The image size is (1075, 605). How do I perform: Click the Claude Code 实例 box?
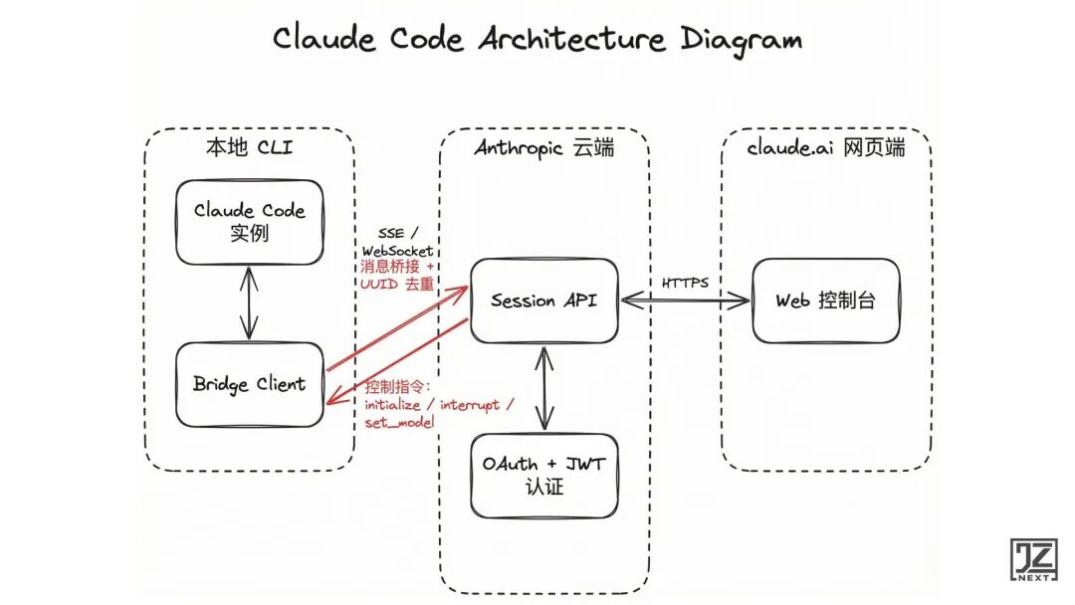point(249,222)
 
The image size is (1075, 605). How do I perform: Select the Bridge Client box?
point(249,384)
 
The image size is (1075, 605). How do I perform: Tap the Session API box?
point(543,300)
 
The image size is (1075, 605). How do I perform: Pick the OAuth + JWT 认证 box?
point(543,475)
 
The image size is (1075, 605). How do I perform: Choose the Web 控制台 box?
point(825,300)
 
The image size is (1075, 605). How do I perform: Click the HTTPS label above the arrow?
point(685,283)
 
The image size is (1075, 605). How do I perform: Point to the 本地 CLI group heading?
point(249,149)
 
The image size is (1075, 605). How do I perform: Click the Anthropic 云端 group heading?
point(543,149)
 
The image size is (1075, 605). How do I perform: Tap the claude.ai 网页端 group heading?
point(825,149)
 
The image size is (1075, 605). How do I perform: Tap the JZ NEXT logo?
point(1033,561)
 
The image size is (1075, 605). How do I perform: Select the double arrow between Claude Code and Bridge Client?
point(249,302)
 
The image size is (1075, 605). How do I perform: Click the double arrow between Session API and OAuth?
point(543,388)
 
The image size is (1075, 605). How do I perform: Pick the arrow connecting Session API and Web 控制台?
point(685,300)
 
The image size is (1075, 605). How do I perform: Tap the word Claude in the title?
point(325,40)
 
